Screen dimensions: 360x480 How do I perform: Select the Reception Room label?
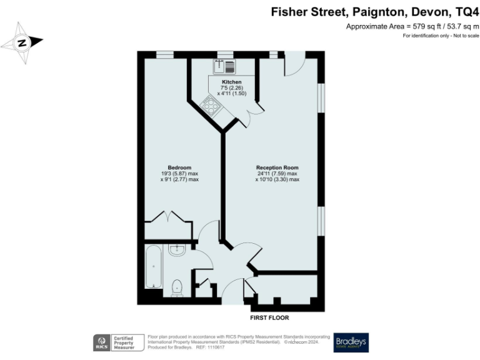click(277, 167)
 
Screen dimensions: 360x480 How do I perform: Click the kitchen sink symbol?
click(224, 66)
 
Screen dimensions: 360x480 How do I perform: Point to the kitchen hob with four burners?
click(209, 105)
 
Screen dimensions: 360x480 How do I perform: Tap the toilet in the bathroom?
click(177, 287)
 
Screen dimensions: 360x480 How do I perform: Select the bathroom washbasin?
click(177, 250)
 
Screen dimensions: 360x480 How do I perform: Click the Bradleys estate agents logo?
click(351, 342)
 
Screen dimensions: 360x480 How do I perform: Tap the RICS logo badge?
click(101, 342)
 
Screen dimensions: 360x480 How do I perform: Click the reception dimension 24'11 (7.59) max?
click(277, 173)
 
